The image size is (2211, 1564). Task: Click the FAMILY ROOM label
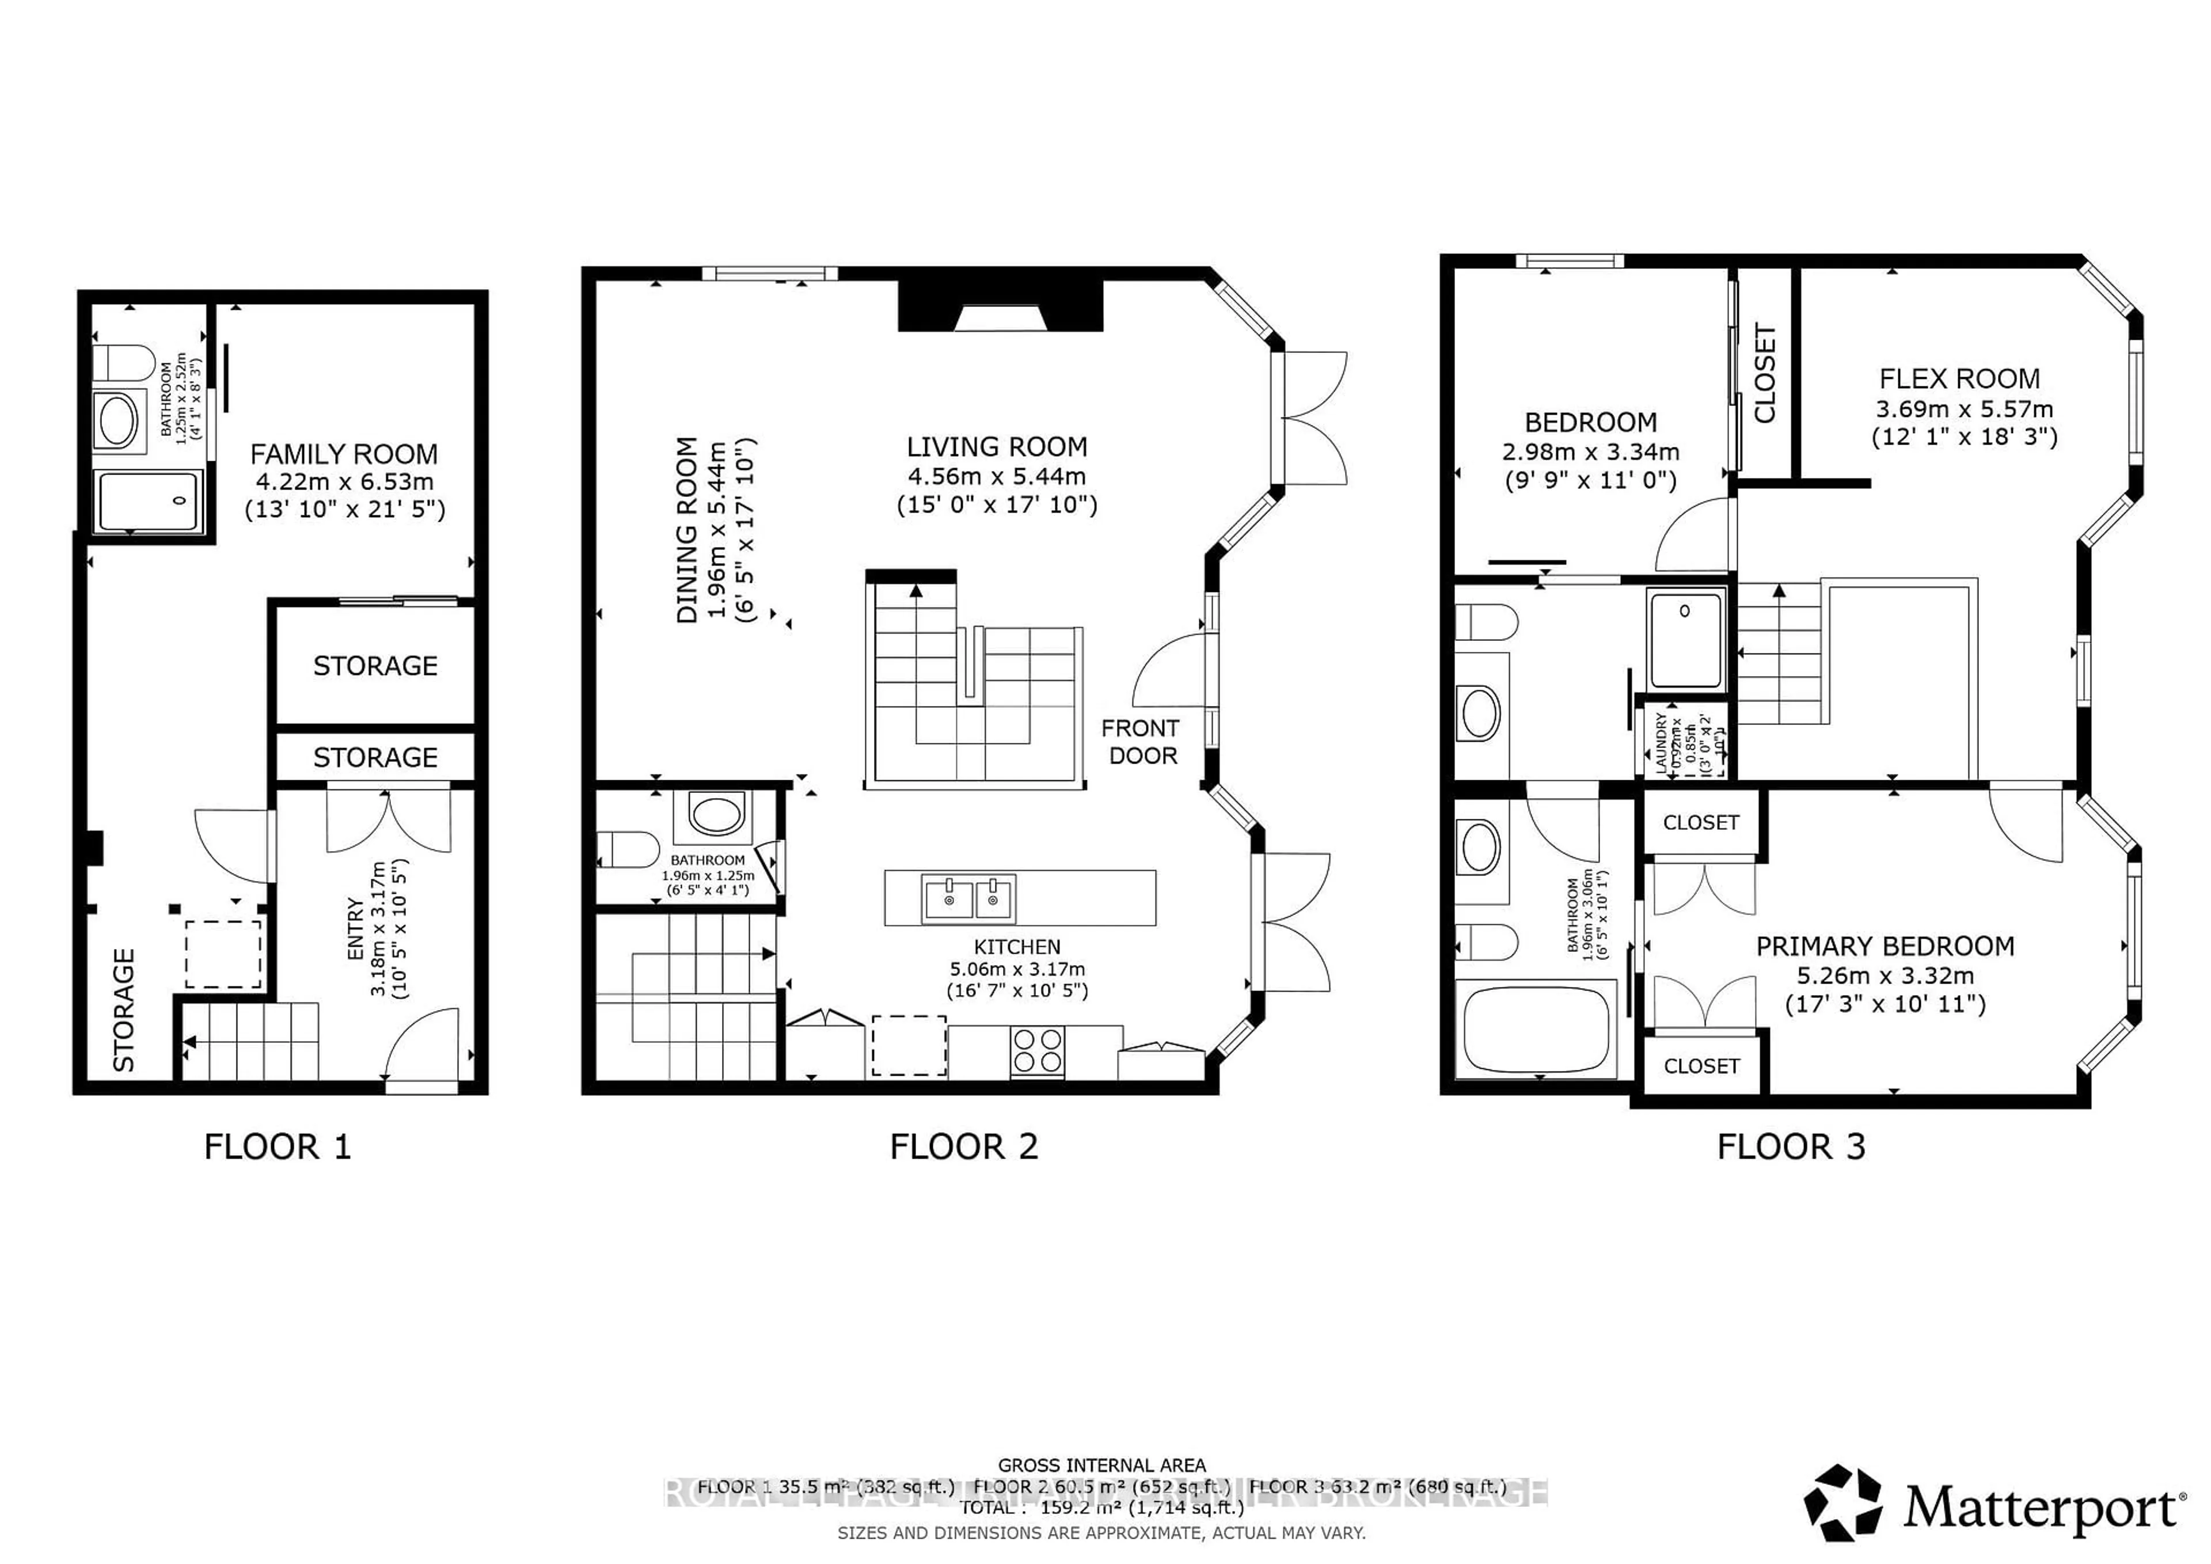pyautogui.click(x=344, y=454)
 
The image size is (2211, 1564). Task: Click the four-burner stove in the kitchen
pyautogui.click(x=1037, y=1050)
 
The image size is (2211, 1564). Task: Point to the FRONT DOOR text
pyautogui.click(x=1141, y=742)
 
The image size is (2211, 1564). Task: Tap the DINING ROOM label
pyautogui.click(x=686, y=530)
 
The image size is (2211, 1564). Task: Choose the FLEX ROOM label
pyautogui.click(x=1959, y=378)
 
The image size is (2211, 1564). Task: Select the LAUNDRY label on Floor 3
pyautogui.click(x=1660, y=742)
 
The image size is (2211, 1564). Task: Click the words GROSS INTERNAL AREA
pyautogui.click(x=1101, y=1465)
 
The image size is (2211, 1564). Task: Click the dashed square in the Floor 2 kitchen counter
pyautogui.click(x=908, y=1046)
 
